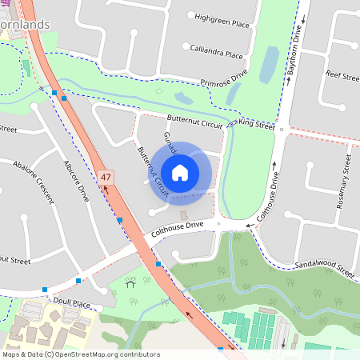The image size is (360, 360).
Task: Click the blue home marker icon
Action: (180, 172)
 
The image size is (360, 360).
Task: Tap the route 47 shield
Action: (107, 176)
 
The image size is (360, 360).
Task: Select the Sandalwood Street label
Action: (323, 268)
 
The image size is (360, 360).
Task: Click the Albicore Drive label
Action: (76, 180)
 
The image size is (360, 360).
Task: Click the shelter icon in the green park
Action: (130, 283)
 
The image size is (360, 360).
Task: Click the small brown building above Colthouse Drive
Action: (183, 216)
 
